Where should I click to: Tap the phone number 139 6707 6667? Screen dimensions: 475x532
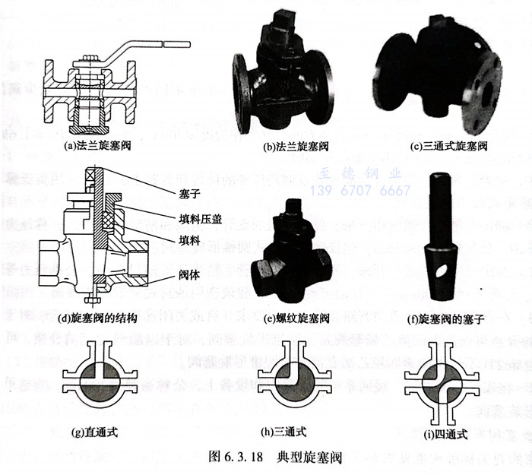click(x=361, y=191)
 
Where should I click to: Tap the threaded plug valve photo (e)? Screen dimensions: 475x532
click(x=292, y=255)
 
